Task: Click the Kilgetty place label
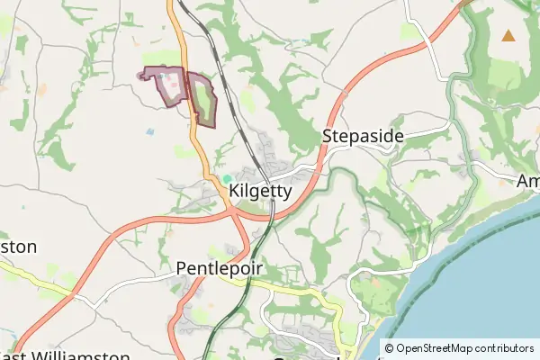pos(260,191)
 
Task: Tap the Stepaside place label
pos(363,136)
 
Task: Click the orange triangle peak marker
pos(508,36)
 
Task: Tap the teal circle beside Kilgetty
pos(228,178)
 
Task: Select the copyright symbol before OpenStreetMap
pos(390,347)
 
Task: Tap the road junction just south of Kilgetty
pos(232,212)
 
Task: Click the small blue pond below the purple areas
pos(149,131)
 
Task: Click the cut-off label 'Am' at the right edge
pos(527,181)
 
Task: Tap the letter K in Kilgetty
pos(235,191)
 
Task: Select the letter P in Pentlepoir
pos(182,269)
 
